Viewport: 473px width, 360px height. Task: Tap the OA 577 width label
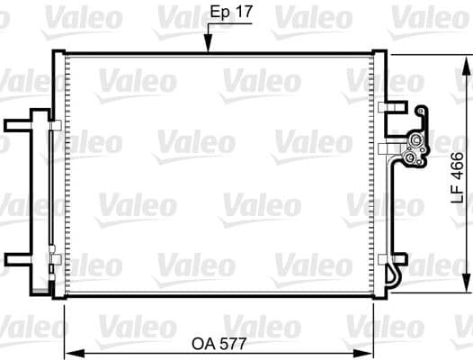tap(221, 343)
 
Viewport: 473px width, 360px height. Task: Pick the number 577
tap(234, 343)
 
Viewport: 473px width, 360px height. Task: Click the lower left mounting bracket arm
tap(18, 260)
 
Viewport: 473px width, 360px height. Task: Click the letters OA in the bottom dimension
tap(203, 343)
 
